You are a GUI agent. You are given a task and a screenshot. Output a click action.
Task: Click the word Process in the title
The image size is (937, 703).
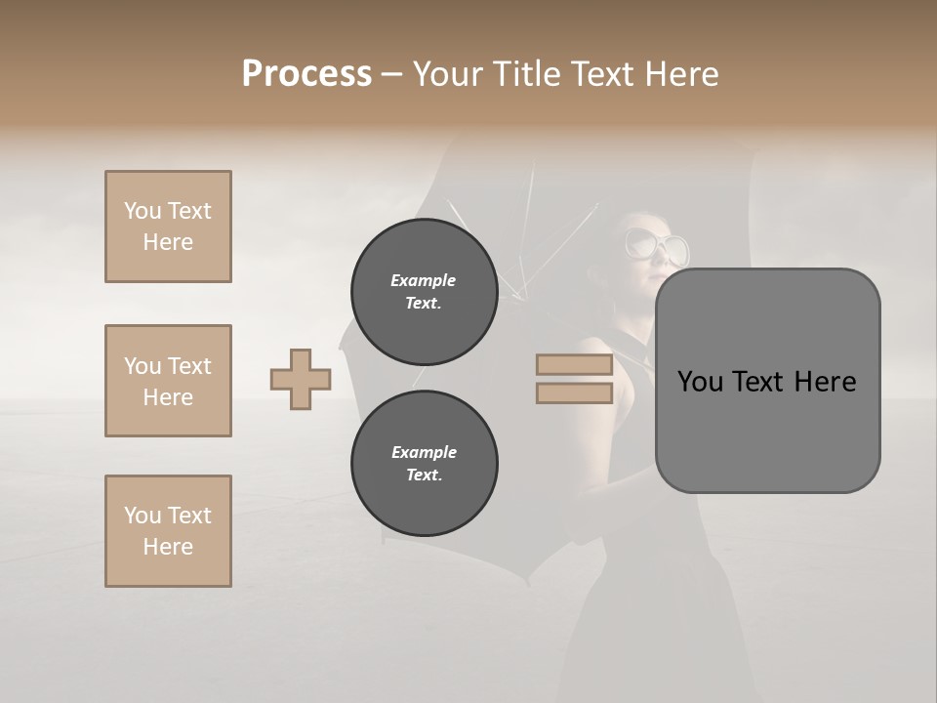click(306, 74)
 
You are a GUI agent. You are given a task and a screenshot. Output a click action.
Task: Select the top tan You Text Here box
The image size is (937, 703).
click(168, 227)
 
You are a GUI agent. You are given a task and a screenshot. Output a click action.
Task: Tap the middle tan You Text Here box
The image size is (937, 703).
click(168, 381)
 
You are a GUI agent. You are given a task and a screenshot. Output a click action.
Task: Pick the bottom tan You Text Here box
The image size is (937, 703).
click(168, 531)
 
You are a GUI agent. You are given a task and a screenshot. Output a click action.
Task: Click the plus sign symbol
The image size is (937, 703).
click(301, 380)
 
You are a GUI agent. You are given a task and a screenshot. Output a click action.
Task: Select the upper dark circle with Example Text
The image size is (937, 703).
click(424, 292)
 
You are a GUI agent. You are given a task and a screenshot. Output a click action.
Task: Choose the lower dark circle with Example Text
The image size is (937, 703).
click(424, 464)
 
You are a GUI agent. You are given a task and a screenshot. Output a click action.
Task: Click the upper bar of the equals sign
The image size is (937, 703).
click(574, 365)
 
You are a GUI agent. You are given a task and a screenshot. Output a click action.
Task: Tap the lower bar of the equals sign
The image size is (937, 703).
click(574, 393)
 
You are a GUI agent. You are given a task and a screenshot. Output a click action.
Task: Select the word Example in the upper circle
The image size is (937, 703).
click(424, 281)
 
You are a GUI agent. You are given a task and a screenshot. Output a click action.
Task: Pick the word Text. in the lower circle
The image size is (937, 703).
click(424, 476)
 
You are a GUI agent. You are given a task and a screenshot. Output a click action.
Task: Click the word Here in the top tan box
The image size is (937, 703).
click(168, 242)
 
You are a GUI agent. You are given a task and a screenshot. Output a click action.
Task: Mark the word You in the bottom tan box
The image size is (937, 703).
click(143, 516)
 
